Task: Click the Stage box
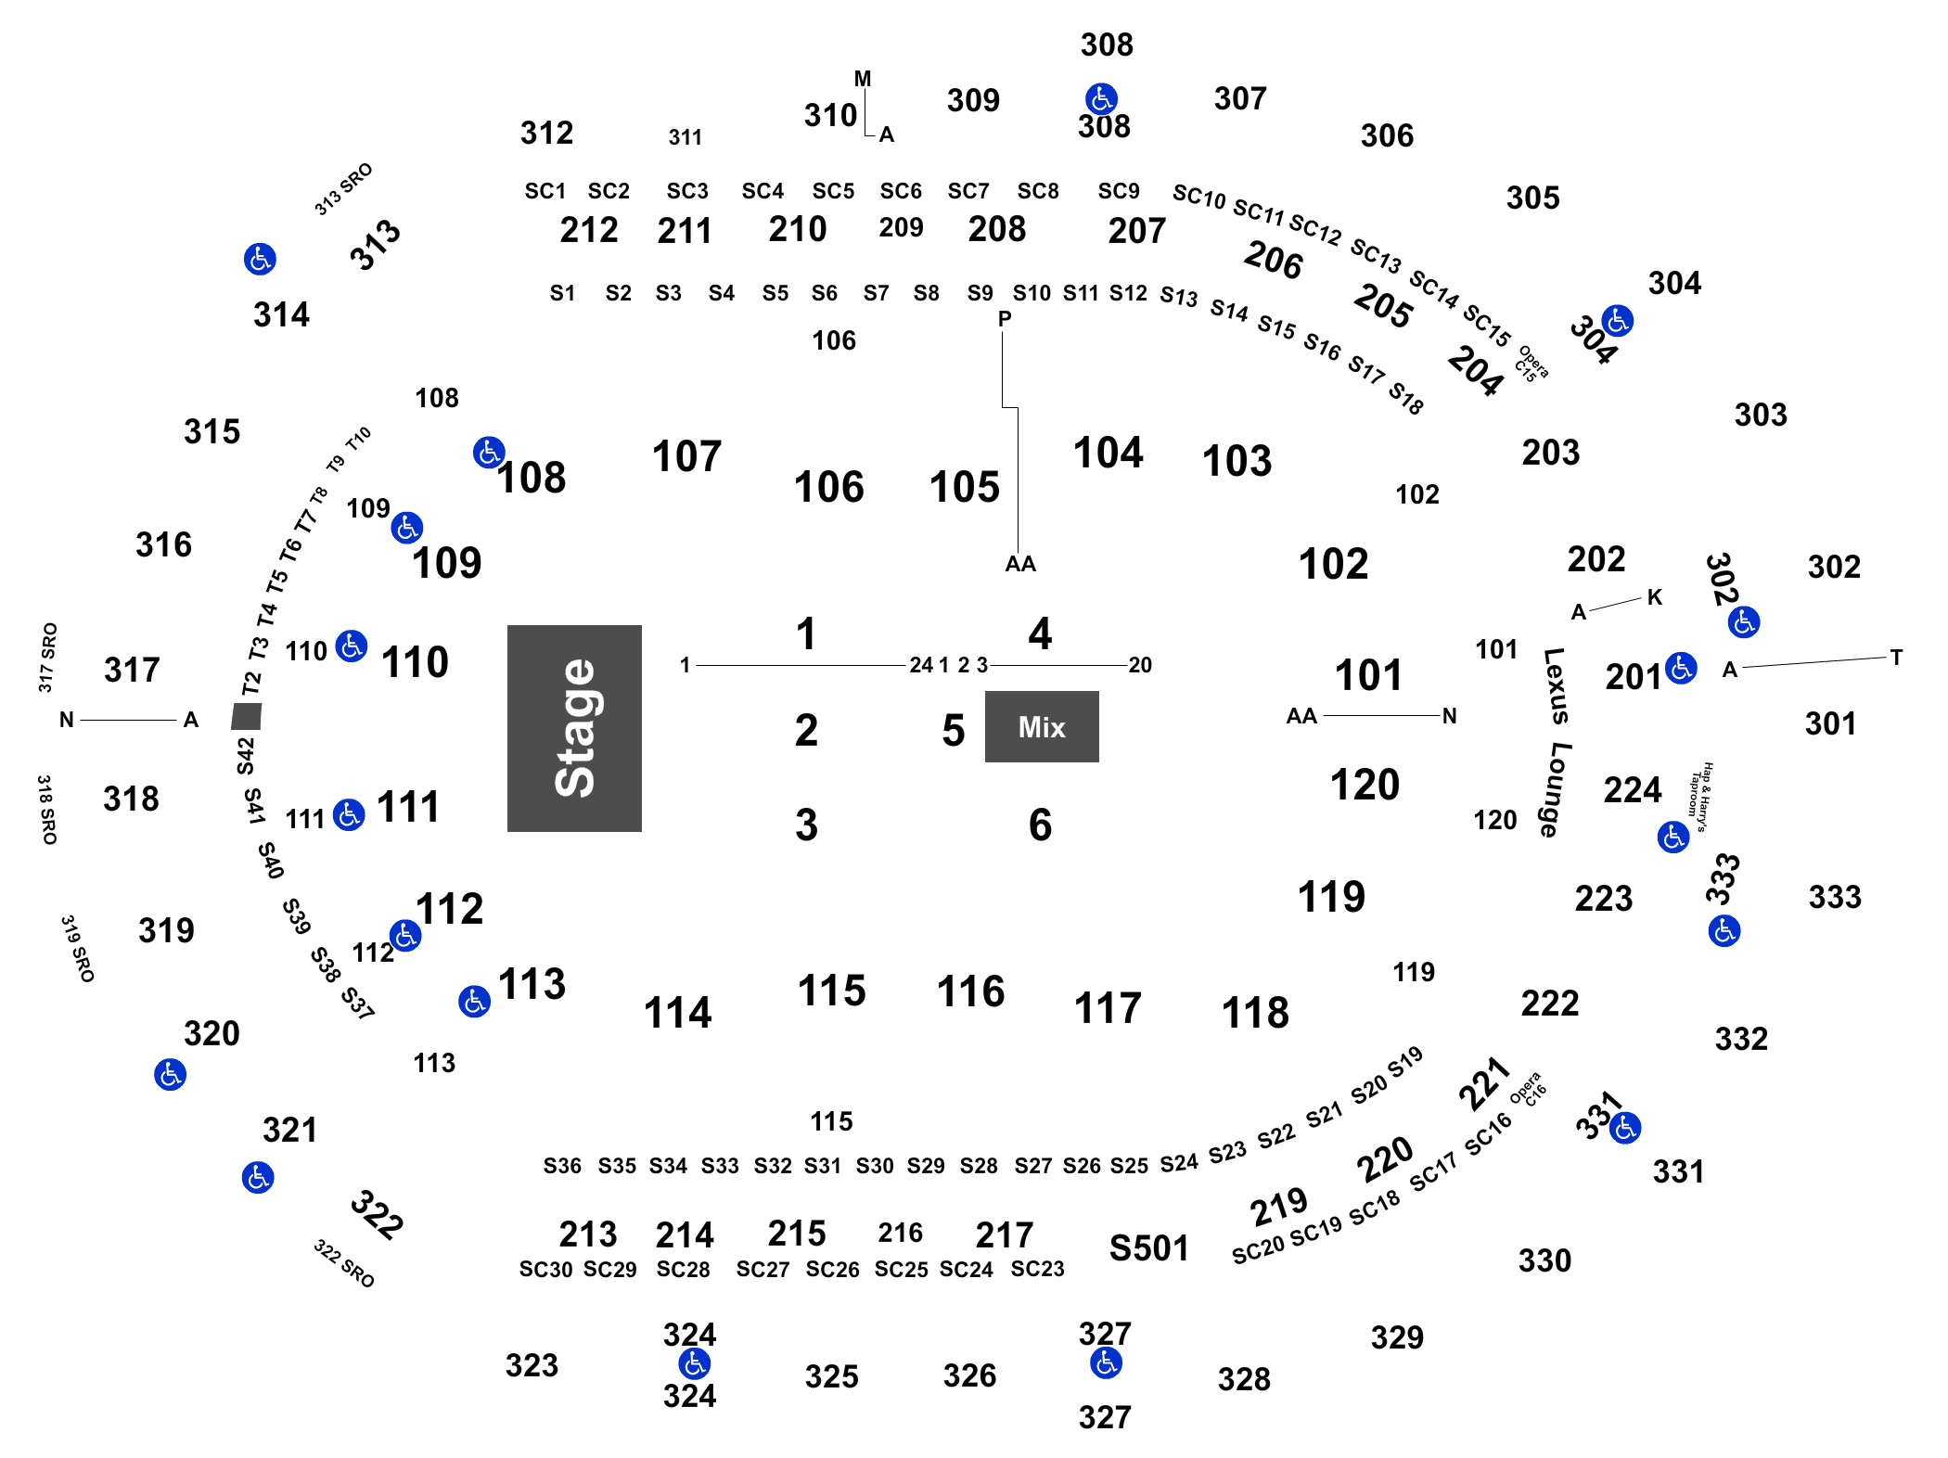click(x=574, y=728)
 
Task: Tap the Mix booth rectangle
click(x=1042, y=726)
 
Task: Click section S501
click(x=1148, y=1247)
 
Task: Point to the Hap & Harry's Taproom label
click(x=1700, y=797)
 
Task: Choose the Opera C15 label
click(x=1531, y=364)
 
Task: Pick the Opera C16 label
click(x=1528, y=1089)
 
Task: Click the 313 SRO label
click(x=343, y=189)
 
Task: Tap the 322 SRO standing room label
click(x=344, y=1263)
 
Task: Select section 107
click(x=686, y=456)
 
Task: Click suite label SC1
click(x=545, y=191)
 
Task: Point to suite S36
click(x=562, y=1166)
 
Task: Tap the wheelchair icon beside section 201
click(x=1681, y=668)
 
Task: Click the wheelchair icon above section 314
click(x=260, y=259)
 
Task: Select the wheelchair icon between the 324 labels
click(x=694, y=1363)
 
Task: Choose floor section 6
click(x=1040, y=825)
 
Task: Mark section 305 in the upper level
click(x=1532, y=198)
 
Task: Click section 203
click(x=1550, y=453)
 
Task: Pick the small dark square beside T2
click(x=247, y=716)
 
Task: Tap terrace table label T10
click(x=359, y=437)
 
